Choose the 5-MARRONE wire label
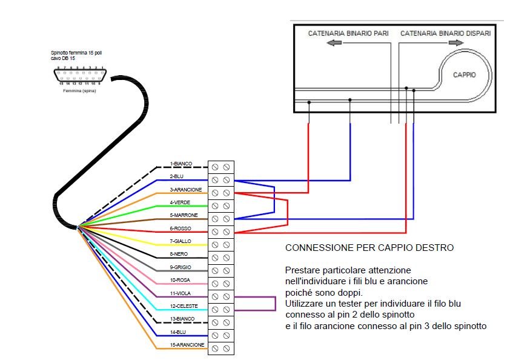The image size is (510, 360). pos(184,215)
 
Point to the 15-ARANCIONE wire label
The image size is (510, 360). pos(187,345)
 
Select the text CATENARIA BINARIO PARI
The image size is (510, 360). pos(348,33)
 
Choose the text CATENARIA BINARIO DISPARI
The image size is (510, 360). pos(445,33)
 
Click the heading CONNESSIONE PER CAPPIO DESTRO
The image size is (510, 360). pos(369,248)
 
